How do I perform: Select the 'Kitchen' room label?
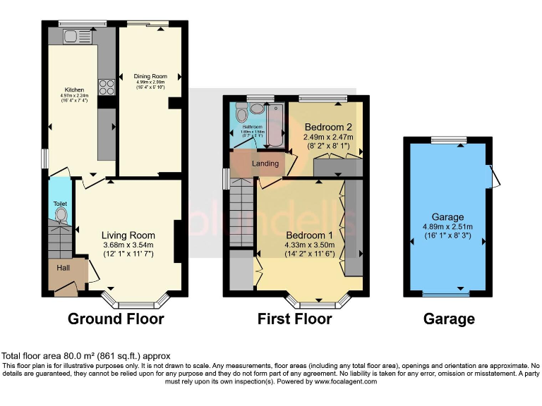coord(74,90)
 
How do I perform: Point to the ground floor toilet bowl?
coord(61,214)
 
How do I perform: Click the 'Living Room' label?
coord(128,235)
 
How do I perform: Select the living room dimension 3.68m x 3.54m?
coord(128,245)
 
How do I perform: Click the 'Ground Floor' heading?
coord(116,319)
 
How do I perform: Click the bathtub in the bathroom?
coord(274,125)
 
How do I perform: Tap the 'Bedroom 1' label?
coord(309,235)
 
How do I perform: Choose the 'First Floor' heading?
coord(295,319)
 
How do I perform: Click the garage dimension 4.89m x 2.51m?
coord(449,227)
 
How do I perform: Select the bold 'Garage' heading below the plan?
coord(449,319)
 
